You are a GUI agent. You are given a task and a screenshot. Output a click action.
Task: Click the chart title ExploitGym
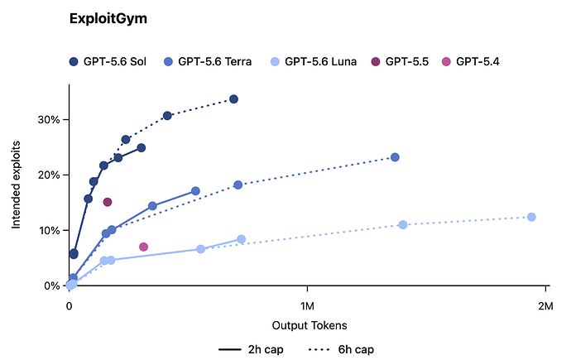[108, 18]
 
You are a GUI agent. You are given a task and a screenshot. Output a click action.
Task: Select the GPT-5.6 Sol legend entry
[108, 61]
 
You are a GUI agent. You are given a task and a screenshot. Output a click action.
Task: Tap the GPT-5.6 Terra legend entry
[208, 61]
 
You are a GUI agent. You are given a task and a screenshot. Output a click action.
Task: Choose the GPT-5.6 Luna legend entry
[314, 61]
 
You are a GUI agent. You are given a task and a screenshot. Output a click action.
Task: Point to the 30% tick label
[49, 120]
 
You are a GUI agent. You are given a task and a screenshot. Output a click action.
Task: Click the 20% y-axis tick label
[49, 175]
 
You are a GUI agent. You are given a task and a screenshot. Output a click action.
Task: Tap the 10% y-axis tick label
[49, 230]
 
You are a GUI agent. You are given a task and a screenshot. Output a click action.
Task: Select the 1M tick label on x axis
[307, 306]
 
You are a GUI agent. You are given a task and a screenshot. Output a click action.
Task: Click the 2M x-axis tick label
[545, 306]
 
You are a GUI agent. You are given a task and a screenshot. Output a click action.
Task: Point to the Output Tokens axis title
[309, 325]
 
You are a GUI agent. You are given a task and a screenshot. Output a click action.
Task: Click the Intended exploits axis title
[16, 185]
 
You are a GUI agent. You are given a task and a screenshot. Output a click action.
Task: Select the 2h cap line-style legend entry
[251, 349]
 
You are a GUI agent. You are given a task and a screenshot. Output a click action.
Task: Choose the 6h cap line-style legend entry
[341, 349]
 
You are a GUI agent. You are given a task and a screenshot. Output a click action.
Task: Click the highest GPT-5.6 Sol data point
[234, 99]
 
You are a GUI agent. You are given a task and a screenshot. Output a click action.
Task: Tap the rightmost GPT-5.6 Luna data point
[531, 217]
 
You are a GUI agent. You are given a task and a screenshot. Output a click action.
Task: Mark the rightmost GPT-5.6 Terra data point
[395, 157]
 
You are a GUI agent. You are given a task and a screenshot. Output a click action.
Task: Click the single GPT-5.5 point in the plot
[108, 202]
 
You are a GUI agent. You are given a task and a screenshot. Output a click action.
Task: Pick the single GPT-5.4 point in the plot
[143, 247]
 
